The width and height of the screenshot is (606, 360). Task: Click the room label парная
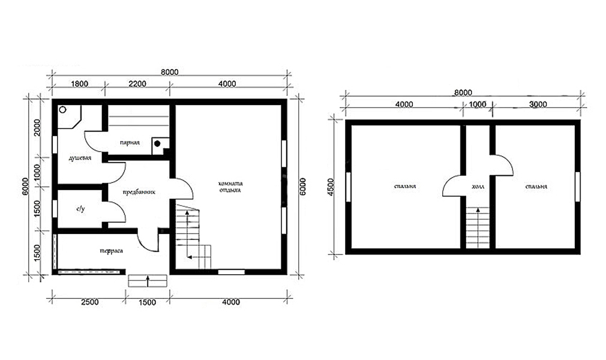(130, 143)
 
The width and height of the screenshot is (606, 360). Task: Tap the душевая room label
(80, 158)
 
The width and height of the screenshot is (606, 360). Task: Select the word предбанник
(139, 192)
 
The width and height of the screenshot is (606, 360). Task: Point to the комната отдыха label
(230, 187)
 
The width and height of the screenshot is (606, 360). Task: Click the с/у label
(80, 209)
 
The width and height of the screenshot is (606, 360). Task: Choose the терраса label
(112, 251)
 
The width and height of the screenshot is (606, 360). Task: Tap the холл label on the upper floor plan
(478, 187)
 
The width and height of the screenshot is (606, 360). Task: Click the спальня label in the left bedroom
(404, 187)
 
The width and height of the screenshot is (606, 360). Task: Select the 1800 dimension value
(80, 84)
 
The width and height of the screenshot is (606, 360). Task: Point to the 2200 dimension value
(137, 84)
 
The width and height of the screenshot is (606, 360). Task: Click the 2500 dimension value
(89, 302)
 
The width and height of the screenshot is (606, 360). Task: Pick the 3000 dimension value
(538, 104)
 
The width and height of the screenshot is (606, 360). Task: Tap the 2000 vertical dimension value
(37, 128)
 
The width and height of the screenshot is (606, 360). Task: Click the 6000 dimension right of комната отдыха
(302, 187)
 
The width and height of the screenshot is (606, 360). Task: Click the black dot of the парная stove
(157, 143)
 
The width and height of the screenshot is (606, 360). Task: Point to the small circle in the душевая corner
(62, 110)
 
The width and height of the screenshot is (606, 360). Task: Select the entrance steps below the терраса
(148, 281)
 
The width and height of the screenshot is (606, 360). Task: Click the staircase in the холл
(478, 228)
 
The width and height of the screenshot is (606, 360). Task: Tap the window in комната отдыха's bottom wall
(232, 272)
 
